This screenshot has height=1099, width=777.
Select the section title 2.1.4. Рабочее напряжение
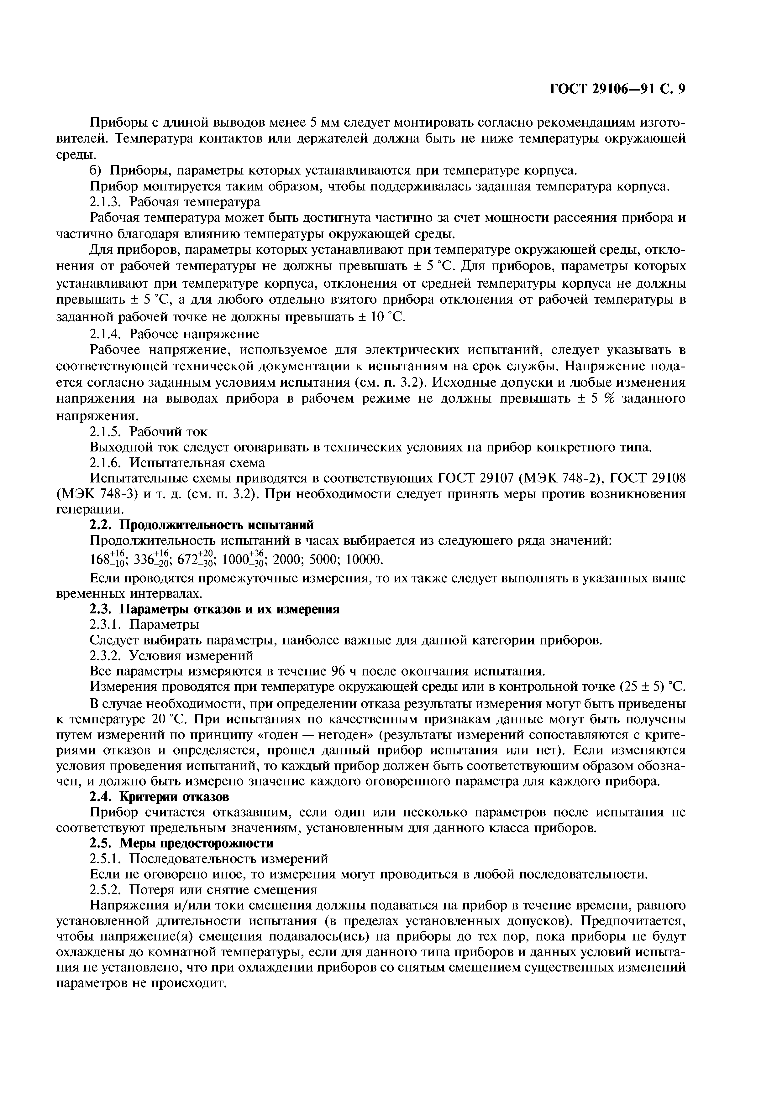tap(175, 333)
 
